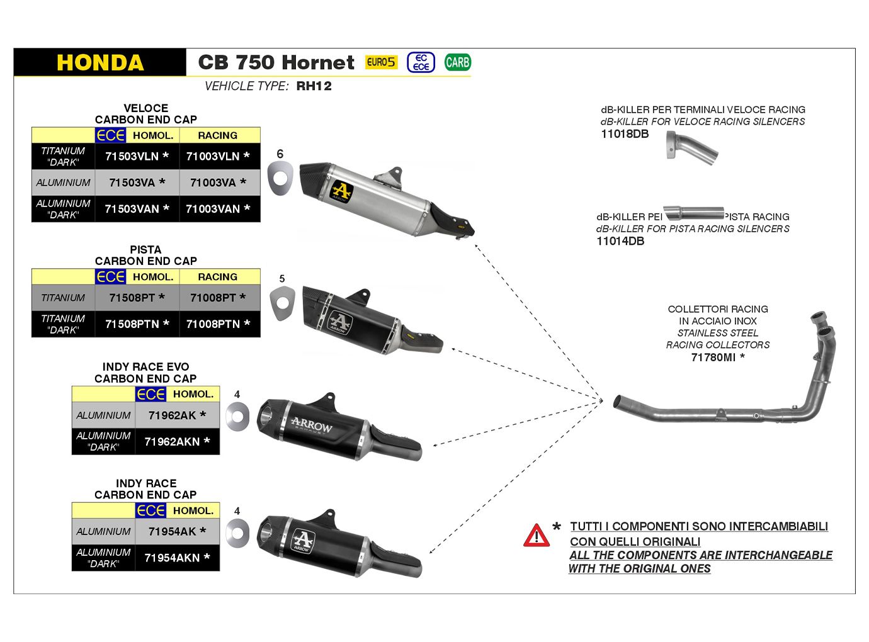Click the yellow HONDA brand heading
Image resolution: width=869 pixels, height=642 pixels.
tap(100, 63)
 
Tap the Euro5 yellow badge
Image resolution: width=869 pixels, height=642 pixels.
tap(381, 62)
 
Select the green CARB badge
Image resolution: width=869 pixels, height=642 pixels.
tap(457, 62)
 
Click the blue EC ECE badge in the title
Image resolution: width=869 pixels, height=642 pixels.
tap(421, 62)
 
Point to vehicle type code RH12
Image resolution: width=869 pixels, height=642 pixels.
tap(314, 86)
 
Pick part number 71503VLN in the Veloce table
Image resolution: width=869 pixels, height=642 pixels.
tap(137, 156)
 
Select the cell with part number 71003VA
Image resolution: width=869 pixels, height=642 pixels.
tap(218, 183)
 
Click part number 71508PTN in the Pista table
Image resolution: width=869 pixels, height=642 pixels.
tap(137, 324)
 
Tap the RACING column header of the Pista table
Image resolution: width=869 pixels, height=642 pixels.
tap(218, 277)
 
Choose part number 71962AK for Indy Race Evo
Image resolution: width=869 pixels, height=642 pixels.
tap(177, 415)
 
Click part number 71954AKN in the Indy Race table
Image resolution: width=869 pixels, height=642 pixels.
tap(177, 558)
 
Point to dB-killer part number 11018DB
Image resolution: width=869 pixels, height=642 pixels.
tap(625, 134)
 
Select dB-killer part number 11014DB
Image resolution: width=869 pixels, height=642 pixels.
tap(620, 241)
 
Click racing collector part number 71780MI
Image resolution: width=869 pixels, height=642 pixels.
tap(717, 358)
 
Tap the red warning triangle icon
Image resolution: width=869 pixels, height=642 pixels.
tap(537, 536)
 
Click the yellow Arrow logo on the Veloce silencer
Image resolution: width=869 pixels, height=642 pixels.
tap(341, 191)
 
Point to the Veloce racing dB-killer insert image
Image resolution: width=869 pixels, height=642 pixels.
tap(691, 148)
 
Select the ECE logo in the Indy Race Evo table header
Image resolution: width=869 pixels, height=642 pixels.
tap(151, 394)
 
